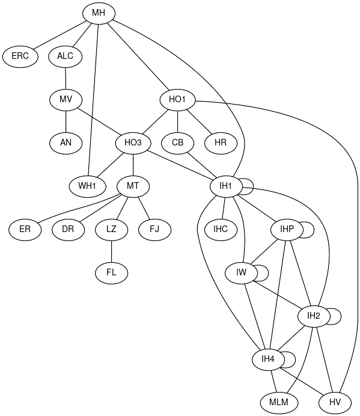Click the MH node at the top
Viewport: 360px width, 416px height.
point(99,13)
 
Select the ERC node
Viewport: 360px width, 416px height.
point(20,57)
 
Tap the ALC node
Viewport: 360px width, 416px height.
point(66,57)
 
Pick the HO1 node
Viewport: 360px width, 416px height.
point(178,100)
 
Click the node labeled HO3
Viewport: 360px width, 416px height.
point(133,143)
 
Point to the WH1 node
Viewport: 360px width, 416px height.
point(88,186)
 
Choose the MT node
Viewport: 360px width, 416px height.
point(133,186)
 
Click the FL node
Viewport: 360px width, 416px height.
point(111,273)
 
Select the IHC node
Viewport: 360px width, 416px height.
point(221,230)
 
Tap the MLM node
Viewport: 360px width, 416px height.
point(279,403)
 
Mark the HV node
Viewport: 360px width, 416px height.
point(335,403)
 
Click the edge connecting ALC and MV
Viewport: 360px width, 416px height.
point(66,78)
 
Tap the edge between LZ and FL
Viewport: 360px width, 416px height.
point(111,251)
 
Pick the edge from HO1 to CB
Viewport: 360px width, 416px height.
point(178,121)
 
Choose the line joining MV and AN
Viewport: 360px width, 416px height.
point(66,121)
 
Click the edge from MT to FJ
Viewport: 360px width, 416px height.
point(144,208)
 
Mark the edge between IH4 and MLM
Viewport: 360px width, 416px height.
point(274,381)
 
